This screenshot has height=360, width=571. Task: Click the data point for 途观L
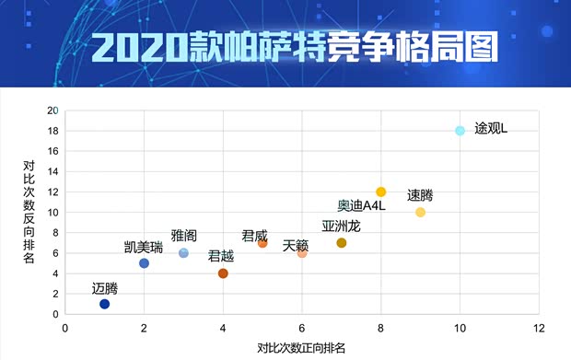pyautogui.click(x=460, y=131)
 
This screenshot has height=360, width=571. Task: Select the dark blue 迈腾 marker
pyautogui.click(x=104, y=304)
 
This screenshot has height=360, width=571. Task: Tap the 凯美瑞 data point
pyautogui.click(x=144, y=263)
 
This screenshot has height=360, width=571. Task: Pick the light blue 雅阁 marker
pyautogui.click(x=183, y=253)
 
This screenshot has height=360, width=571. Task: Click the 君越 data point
pyautogui.click(x=223, y=273)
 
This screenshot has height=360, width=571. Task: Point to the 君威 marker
pyautogui.click(x=262, y=243)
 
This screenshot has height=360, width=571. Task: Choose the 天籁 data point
pyautogui.click(x=302, y=253)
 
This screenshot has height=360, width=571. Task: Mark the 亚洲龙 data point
pyautogui.click(x=342, y=243)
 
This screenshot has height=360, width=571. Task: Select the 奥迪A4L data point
pyautogui.click(x=381, y=192)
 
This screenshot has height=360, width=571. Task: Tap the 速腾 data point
pyautogui.click(x=421, y=213)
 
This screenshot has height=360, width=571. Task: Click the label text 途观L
pyautogui.click(x=491, y=128)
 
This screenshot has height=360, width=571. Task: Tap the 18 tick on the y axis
pyautogui.click(x=53, y=131)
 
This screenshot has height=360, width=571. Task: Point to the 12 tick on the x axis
pyautogui.click(x=540, y=327)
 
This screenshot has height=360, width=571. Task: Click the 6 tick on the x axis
pyautogui.click(x=302, y=327)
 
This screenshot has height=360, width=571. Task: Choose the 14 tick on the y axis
pyautogui.click(x=53, y=172)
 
